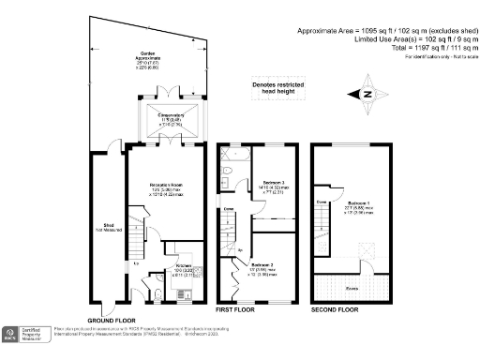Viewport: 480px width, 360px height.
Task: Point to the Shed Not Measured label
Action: [109, 227]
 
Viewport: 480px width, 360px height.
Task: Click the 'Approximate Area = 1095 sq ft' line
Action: [382, 30]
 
